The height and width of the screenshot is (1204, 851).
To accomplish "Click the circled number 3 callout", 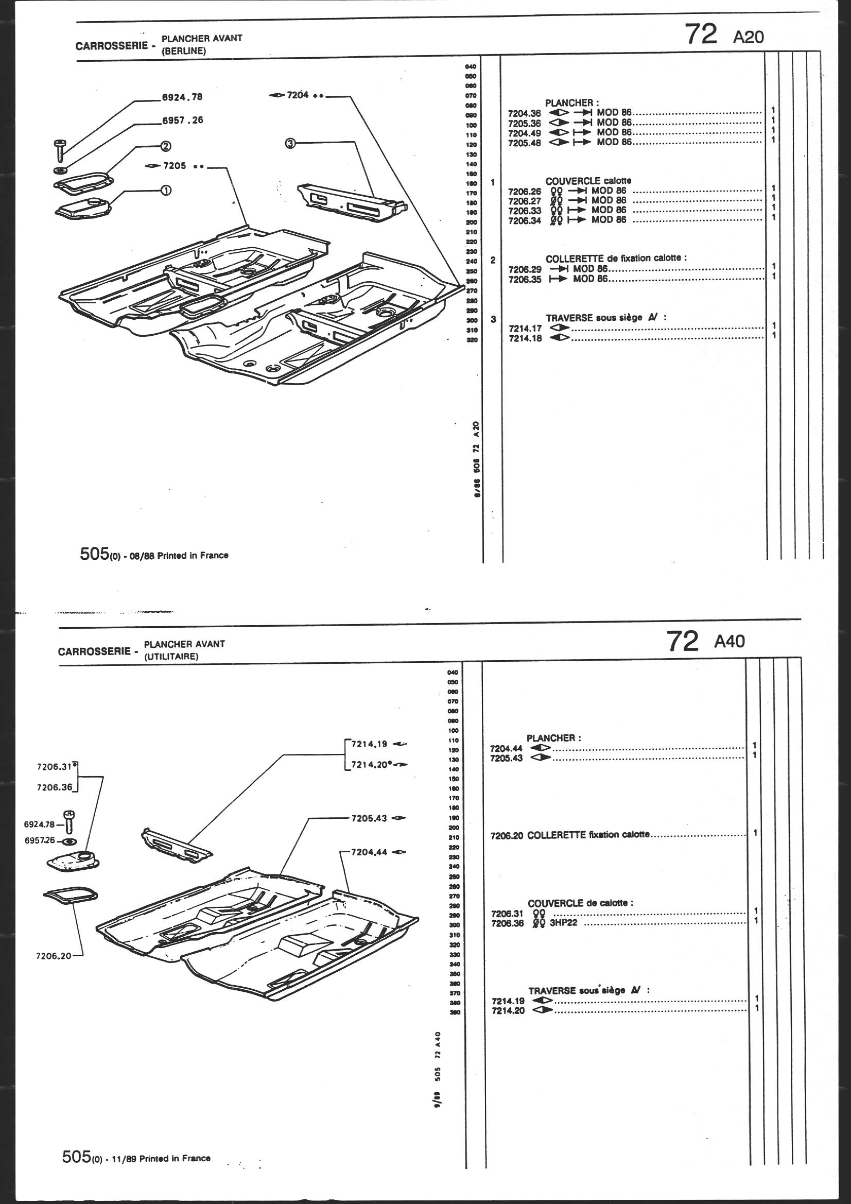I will pos(291,143).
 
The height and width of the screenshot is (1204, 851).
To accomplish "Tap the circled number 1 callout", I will pos(165,191).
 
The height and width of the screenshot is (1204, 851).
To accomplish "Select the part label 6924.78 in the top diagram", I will pos(182,97).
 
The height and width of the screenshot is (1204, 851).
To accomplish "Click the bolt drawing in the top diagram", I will pos(59,150).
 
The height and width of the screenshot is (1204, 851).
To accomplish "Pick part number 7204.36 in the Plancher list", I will pos(524,113).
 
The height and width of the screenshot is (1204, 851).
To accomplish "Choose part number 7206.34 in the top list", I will pos(524,220).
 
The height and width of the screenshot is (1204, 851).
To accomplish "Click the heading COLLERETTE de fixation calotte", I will pos(616,258).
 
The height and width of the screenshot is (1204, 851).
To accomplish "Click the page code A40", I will pos(729,641).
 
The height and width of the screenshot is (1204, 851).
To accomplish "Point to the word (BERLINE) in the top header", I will pos(183,51).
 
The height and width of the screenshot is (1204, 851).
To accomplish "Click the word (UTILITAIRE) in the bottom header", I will pos(171,657).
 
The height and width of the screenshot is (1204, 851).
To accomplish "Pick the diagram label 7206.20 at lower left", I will pos(54,955).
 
